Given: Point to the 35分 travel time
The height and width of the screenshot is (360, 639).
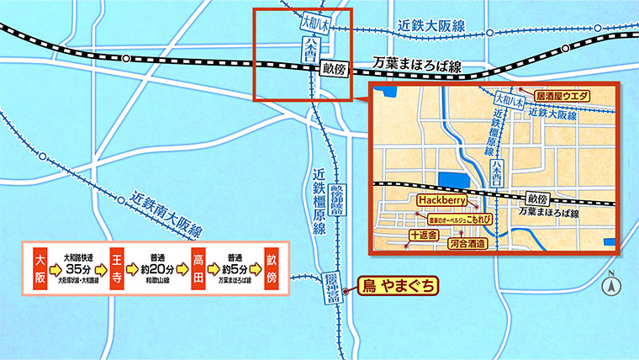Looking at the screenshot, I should (x=77, y=268).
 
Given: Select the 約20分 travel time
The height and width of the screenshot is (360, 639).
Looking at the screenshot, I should (x=158, y=269).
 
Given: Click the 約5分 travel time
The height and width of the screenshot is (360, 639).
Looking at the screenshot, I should (x=235, y=269).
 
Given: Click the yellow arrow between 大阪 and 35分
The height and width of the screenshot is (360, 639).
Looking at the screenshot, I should (x=55, y=270).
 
